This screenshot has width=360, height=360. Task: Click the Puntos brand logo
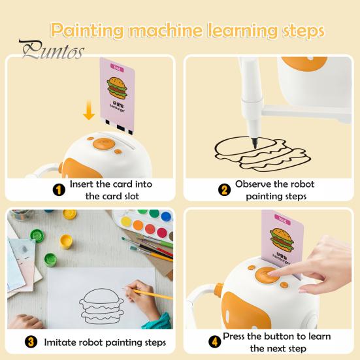point(51,50)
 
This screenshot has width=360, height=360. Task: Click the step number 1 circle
point(59,189)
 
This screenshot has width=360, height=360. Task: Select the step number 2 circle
point(225,190)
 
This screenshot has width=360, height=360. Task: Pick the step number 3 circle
point(31,342)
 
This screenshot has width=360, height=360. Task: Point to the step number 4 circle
point(215,342)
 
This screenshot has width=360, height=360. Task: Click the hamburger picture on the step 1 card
point(120,90)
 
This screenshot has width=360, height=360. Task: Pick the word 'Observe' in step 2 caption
point(254,184)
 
